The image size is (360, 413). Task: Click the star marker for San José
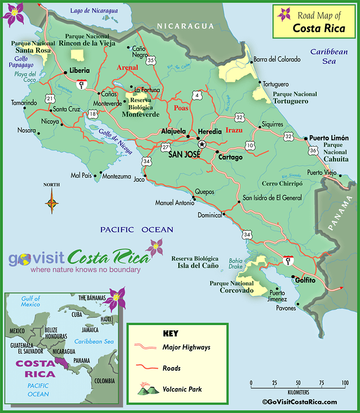tap(201, 144)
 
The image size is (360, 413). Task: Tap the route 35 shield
tap(150, 60)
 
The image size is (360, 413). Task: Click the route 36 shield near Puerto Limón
tap(313, 150)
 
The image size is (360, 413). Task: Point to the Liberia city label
tap(79, 70)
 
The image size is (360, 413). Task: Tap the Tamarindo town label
tap(23, 103)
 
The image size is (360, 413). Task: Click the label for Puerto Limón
tap(329, 138)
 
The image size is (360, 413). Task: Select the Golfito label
tap(303, 280)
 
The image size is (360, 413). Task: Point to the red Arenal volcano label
tap(127, 67)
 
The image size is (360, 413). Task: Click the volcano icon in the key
tap(146, 390)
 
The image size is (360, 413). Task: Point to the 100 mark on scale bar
tap(345, 383)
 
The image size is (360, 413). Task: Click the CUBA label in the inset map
tap(77, 315)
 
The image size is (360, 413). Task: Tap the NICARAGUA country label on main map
tap(185, 26)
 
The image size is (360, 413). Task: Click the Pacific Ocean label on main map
tap(137, 229)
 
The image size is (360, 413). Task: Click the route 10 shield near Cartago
tap(250, 146)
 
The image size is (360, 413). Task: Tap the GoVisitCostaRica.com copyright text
tap(300, 402)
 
